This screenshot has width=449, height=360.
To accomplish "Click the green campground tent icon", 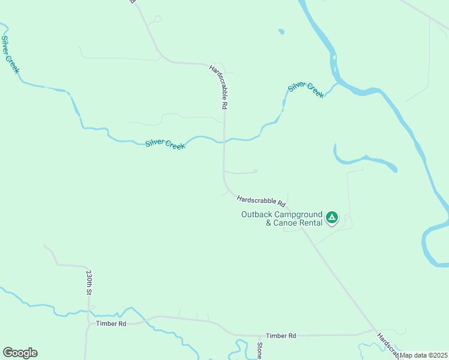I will click(332, 217).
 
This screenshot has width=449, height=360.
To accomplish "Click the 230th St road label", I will click(88, 282).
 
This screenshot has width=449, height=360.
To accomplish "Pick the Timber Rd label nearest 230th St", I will click(111, 323).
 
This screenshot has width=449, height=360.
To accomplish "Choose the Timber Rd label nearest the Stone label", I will click(282, 336).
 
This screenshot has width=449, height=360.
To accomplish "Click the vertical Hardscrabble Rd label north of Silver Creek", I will click(218, 87).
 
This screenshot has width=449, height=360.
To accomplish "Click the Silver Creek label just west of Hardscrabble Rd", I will click(165, 145).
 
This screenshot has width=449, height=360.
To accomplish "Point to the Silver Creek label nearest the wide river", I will click(306, 90).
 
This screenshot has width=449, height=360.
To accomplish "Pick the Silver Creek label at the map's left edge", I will click(10, 55).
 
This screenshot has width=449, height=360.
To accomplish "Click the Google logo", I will click(20, 353).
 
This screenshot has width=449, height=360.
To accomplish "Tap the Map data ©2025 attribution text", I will click(423, 355).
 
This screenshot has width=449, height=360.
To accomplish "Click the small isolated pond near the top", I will click(281, 31).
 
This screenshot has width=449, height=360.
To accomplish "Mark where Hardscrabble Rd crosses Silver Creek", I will click(224, 142).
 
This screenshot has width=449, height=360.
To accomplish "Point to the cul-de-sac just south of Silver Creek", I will click(255, 172).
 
